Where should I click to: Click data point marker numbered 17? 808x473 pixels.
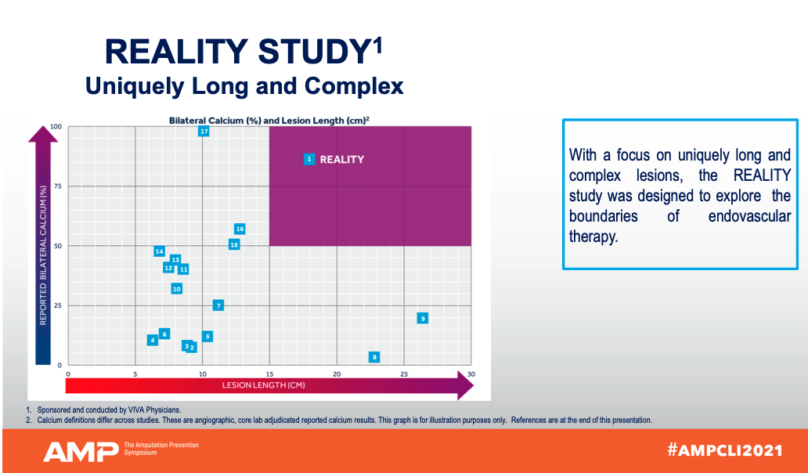coord(204,132)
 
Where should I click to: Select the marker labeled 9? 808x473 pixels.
coord(423,318)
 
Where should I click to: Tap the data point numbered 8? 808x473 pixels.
coord(374,357)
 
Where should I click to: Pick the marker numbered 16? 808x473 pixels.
coord(240,229)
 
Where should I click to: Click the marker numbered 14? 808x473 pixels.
coord(159,251)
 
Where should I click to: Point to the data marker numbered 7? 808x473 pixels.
coord(218,305)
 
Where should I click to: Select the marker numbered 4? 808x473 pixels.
coord(153,340)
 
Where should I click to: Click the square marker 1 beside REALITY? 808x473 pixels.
coord(309,159)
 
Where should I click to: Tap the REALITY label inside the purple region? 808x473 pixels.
coord(342,160)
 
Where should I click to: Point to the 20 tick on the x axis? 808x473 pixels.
coord(337,374)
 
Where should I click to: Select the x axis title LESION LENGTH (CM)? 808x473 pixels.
coord(263,385)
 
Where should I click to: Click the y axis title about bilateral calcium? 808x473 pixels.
coord(44,255)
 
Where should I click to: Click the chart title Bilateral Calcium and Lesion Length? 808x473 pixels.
coord(269,120)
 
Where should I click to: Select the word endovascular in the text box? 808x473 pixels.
coord(749,216)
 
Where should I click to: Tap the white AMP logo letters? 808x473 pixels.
coord(80,451)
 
